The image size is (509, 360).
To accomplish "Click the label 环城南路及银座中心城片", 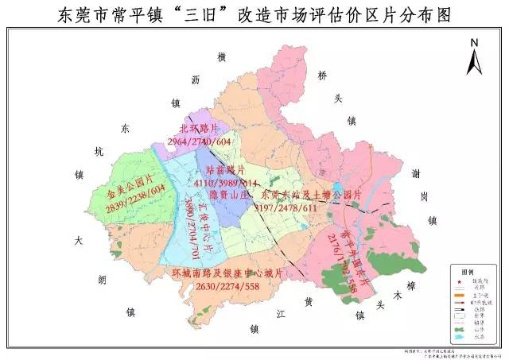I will (227, 273).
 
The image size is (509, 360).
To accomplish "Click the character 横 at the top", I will (222, 56).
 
